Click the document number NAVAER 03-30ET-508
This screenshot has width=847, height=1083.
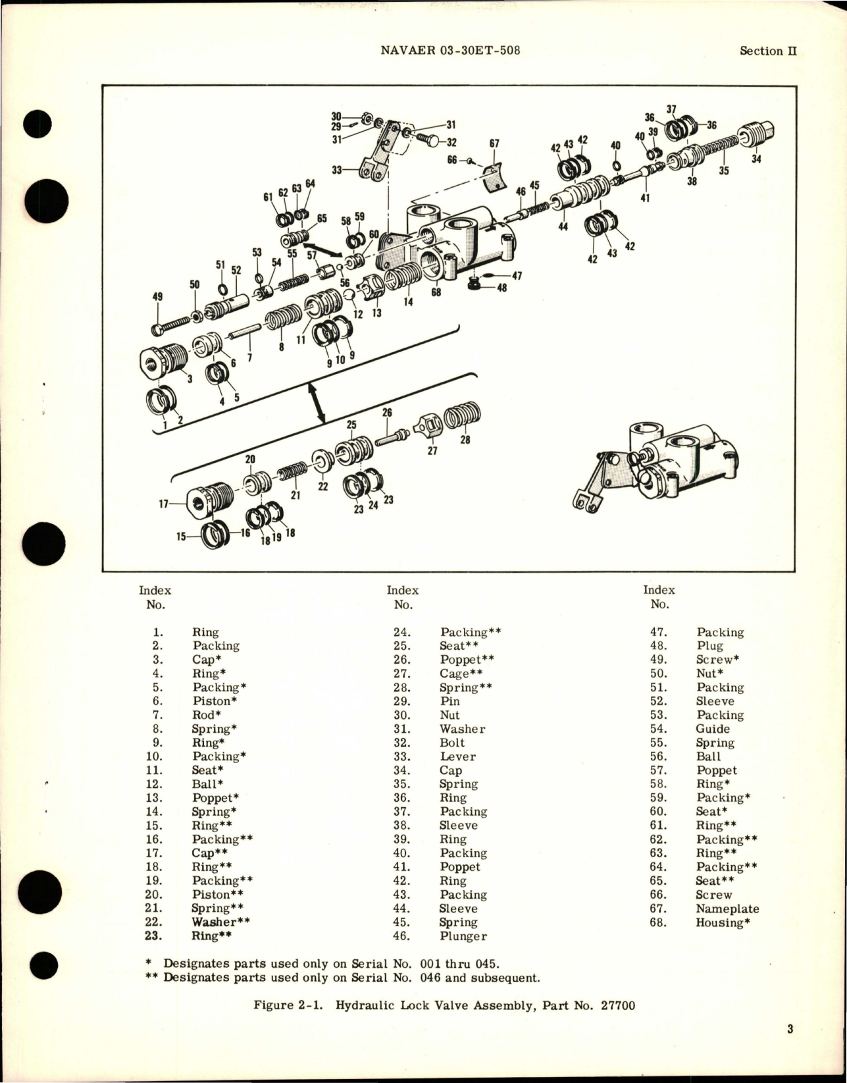coord(450,50)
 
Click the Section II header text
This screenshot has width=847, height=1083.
coord(768,51)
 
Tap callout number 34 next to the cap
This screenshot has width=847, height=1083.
coord(756,159)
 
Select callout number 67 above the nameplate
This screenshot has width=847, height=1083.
coord(494,144)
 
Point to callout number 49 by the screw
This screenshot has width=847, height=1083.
coord(157,297)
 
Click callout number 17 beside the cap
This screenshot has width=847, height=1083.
coord(165,504)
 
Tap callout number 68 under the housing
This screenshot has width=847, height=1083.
coord(436,292)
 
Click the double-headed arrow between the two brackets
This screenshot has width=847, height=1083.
coord(319,403)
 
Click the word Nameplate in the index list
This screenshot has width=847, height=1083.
coord(727,909)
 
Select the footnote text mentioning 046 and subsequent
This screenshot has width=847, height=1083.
coord(342,978)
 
